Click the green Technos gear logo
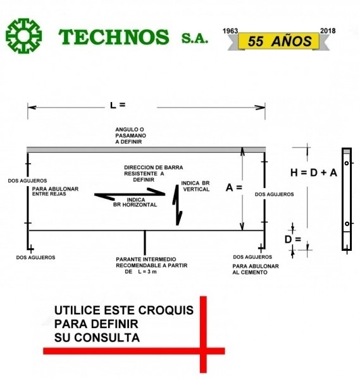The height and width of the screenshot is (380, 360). (23, 36)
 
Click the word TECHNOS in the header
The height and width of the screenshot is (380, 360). (113, 37)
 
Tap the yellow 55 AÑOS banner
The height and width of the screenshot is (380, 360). (278, 41)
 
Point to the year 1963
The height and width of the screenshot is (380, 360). (230, 31)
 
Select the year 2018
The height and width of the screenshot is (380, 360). (328, 31)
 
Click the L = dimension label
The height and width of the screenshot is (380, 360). (118, 105)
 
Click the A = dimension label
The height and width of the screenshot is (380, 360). (234, 187)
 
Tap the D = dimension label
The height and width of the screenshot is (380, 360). (293, 239)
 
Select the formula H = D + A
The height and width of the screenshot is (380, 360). (314, 173)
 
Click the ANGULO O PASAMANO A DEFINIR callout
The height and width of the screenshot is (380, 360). (130, 136)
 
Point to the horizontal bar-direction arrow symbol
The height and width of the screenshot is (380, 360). (130, 194)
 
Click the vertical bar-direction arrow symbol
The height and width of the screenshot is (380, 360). (177, 205)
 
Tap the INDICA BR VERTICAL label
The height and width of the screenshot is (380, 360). (196, 186)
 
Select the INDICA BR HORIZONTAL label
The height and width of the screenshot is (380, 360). (135, 202)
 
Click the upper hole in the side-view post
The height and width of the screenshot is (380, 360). (347, 163)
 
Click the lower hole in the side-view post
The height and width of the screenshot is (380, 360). (347, 224)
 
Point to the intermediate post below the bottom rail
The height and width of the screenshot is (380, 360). (145, 243)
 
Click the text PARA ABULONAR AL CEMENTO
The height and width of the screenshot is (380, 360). (256, 269)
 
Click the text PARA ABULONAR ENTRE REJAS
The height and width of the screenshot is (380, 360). (55, 191)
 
